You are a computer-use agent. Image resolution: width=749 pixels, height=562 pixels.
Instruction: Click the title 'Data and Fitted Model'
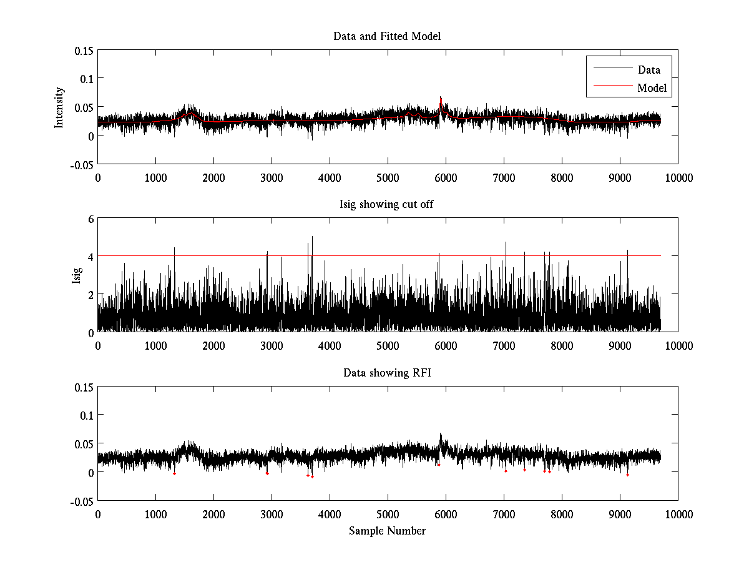(x=387, y=36)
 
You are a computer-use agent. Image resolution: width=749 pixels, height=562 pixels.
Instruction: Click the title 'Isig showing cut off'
(x=387, y=205)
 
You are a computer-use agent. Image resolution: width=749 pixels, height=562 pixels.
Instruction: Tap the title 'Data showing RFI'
(x=387, y=373)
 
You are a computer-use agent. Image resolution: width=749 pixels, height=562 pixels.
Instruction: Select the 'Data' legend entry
(x=649, y=70)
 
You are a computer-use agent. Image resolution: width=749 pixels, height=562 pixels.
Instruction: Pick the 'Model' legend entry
(x=652, y=88)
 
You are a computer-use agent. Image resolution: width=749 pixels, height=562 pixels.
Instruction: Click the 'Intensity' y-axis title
(x=59, y=107)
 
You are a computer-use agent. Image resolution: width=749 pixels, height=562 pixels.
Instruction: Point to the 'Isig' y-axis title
(x=77, y=275)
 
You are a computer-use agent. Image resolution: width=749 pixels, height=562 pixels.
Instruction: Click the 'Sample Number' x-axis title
(x=387, y=531)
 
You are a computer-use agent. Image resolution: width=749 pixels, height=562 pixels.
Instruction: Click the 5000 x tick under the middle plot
(x=388, y=345)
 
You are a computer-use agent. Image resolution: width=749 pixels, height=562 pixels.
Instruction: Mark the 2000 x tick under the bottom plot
(x=213, y=514)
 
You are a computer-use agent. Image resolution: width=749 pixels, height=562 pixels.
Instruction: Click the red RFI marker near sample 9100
(x=627, y=475)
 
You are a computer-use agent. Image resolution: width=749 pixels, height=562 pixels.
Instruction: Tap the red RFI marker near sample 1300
(x=174, y=474)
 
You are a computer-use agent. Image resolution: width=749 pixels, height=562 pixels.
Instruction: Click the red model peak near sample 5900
(x=441, y=98)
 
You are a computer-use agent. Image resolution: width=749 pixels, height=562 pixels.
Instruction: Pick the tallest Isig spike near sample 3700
(x=312, y=237)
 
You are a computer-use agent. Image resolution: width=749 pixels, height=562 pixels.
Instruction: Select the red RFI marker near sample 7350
(x=524, y=470)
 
